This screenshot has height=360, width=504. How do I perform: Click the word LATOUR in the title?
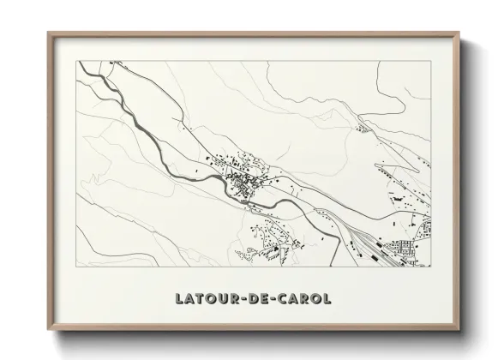[206, 300]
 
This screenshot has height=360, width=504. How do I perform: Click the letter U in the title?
[219, 300]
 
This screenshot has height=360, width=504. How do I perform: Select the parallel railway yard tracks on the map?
[364, 236]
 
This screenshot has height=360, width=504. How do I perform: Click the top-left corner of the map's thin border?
[78, 60]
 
